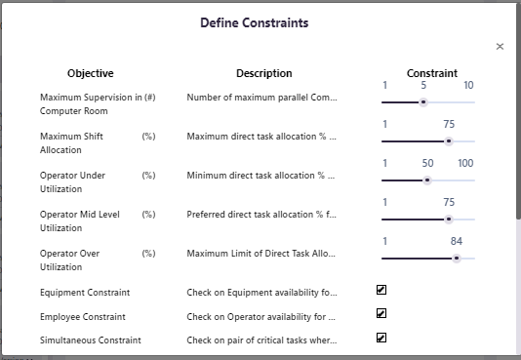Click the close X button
click(x=500, y=46)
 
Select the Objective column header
click(x=91, y=73)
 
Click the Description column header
click(x=263, y=73)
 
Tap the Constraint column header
click(x=432, y=73)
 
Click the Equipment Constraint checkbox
click(x=381, y=290)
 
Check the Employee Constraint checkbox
click(x=381, y=314)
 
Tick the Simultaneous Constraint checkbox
click(x=381, y=339)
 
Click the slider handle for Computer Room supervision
click(x=423, y=101)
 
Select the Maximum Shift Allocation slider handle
click(x=448, y=140)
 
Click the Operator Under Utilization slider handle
click(x=427, y=180)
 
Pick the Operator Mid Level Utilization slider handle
click(x=448, y=219)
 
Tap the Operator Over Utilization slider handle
click(x=457, y=259)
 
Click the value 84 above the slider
click(x=457, y=241)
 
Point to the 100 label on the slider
click(x=465, y=163)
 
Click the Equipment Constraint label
click(x=85, y=292)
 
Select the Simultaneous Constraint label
click(x=91, y=340)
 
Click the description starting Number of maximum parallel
click(x=261, y=98)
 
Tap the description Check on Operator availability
click(x=261, y=316)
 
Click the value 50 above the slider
click(x=427, y=163)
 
